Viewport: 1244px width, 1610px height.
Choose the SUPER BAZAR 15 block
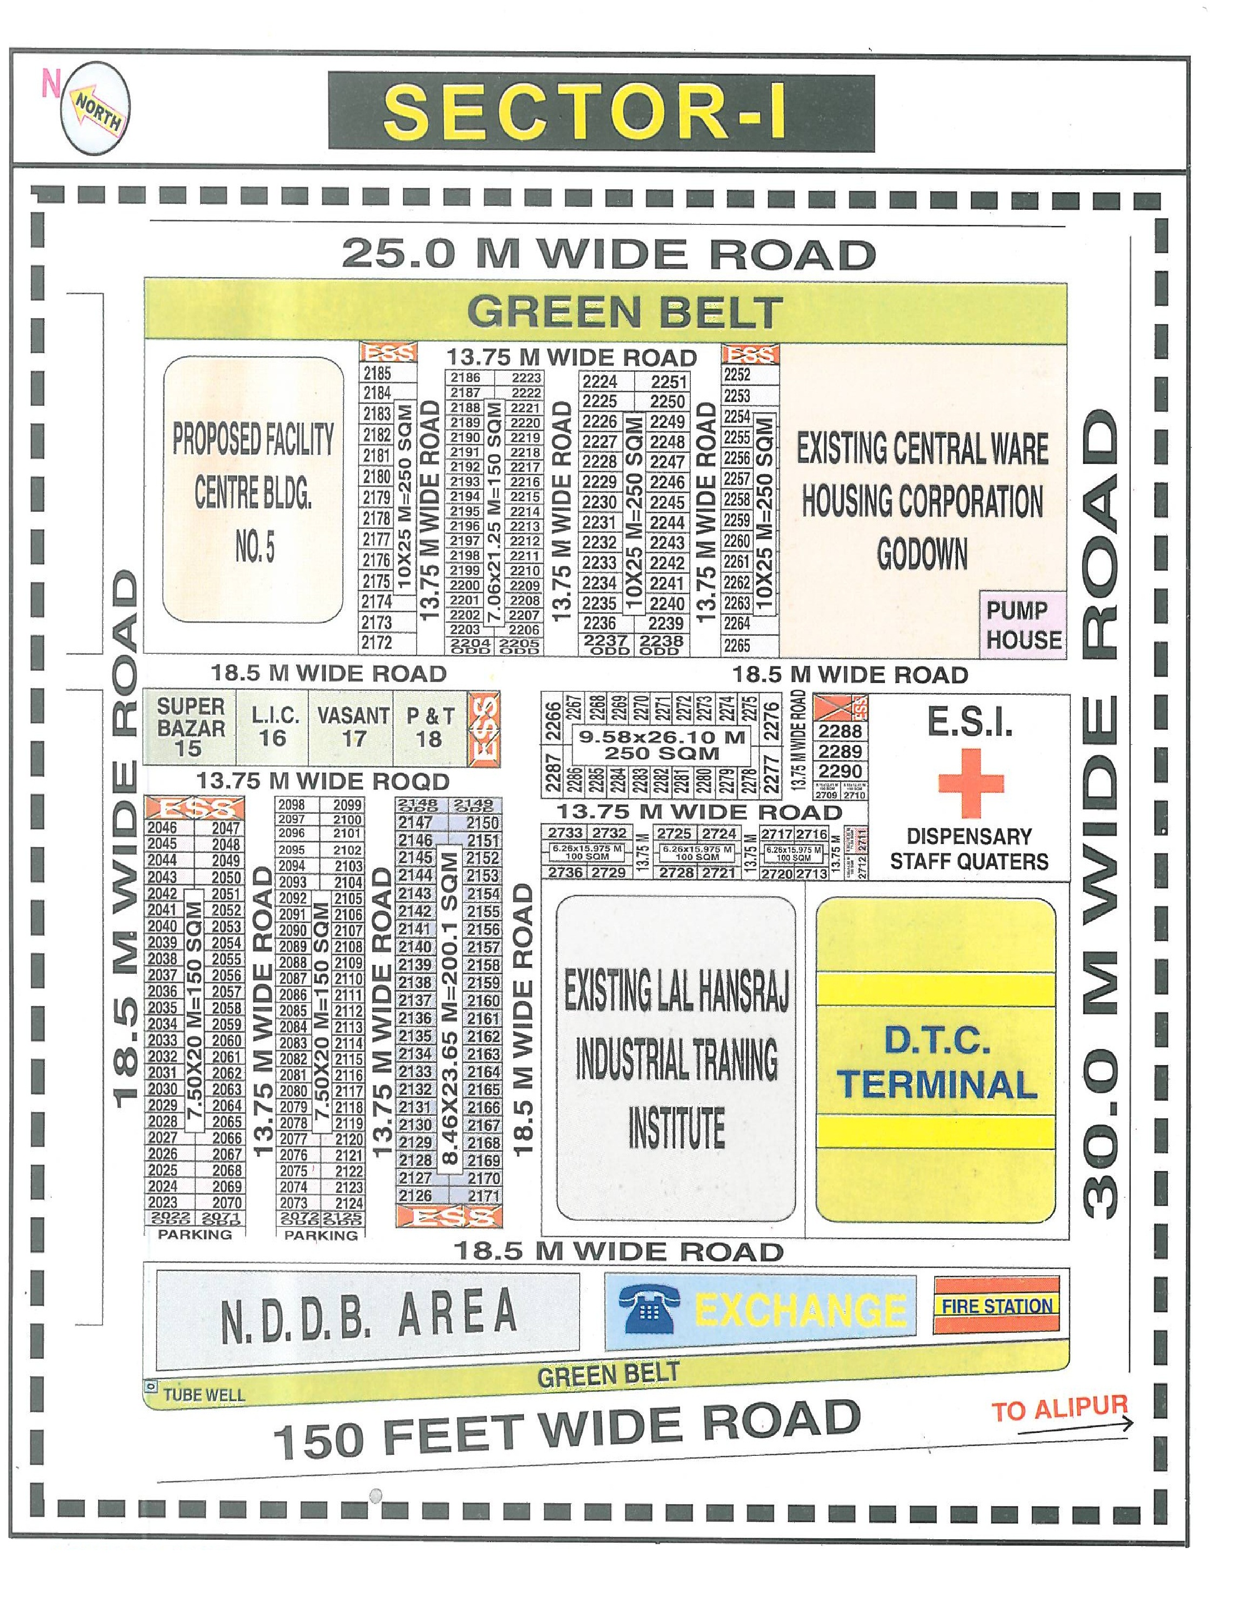click(x=190, y=727)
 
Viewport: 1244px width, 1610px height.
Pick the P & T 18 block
click(x=430, y=727)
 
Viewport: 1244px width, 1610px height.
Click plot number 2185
click(x=377, y=373)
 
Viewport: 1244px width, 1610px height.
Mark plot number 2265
click(x=737, y=645)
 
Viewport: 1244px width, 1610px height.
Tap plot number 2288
click(x=840, y=731)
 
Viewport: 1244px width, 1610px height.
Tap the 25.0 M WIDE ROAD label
click(x=608, y=254)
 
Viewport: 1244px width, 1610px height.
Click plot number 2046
click(x=162, y=827)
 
